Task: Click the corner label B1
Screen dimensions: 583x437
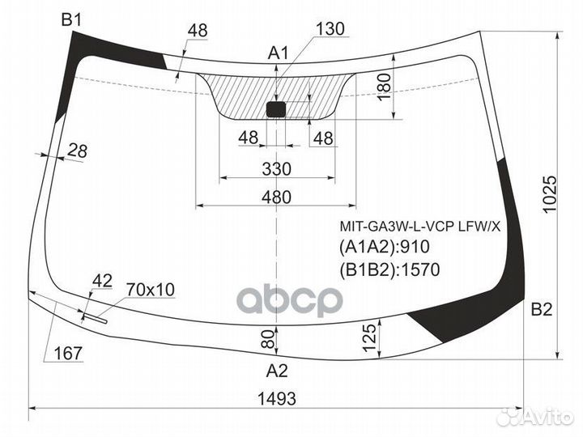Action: [x=71, y=19]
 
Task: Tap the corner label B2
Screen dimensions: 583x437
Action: [x=542, y=309]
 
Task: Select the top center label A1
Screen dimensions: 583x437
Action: [x=278, y=53]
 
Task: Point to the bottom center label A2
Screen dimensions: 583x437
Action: [x=277, y=371]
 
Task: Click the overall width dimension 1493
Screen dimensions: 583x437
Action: [x=277, y=399]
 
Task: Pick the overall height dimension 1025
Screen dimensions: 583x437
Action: [x=550, y=194]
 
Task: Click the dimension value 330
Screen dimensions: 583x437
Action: [x=277, y=169]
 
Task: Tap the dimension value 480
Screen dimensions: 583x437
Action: [x=276, y=197]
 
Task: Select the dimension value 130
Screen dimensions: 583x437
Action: [x=330, y=28]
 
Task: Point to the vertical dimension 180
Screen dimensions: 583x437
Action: [x=385, y=86]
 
